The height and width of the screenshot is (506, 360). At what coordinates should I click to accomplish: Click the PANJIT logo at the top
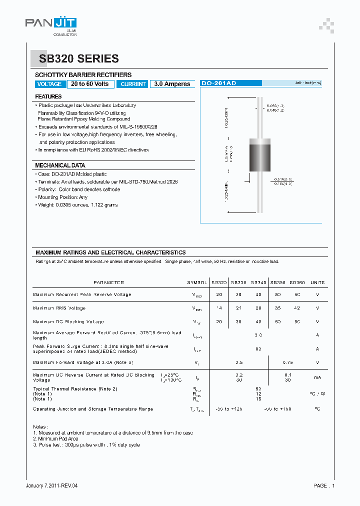pos(50,23)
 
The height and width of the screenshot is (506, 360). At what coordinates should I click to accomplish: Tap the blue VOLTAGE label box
pos(49,84)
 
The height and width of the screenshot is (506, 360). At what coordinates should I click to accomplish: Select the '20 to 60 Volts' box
pos(90,84)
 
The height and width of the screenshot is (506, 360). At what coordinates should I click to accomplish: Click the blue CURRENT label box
pos(133,84)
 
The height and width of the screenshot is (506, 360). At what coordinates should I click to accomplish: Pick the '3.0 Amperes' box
pos(172,84)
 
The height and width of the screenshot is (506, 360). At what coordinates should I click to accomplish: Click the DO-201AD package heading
pos(218,83)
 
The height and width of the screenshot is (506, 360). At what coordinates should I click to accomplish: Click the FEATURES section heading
pos(48,96)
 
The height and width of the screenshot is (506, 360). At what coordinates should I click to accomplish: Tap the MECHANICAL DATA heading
pos(59,165)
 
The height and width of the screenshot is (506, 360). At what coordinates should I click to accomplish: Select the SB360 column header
pos(297,282)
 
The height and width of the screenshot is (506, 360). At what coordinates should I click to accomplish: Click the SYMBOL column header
pos(196,282)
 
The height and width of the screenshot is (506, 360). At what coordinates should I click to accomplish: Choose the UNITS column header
pos(317,282)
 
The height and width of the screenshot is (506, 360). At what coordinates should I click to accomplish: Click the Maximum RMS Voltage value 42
pos(297,308)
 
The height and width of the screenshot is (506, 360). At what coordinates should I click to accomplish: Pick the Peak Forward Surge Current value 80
pos(258,348)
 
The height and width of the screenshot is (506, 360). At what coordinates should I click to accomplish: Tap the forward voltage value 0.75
pos(287,362)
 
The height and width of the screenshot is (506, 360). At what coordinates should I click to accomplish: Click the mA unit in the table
pos(317,377)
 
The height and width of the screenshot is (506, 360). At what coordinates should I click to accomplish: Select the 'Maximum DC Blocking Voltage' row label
pos(68,321)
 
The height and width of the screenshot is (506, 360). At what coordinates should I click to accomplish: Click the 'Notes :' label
pos(40,426)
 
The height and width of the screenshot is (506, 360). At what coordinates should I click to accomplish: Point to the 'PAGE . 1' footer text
pos(324,485)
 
